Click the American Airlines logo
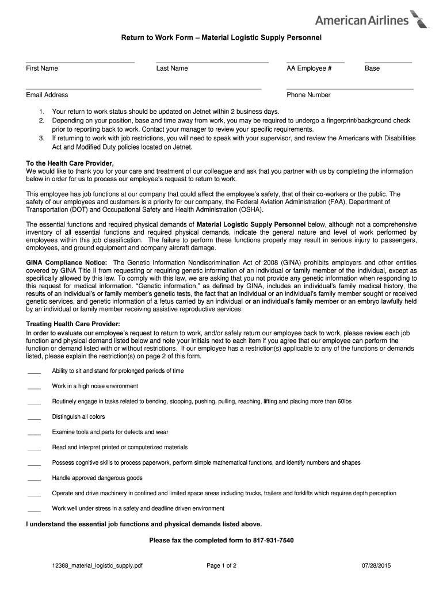(x=372, y=20)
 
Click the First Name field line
(x=80, y=62)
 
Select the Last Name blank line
(x=212, y=62)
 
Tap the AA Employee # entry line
(x=315, y=62)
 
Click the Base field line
(x=388, y=62)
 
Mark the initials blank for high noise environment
(x=35, y=388)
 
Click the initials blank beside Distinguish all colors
(x=35, y=419)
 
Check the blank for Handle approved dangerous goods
(x=35, y=480)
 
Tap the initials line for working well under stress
(x=35, y=511)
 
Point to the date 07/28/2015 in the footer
(x=376, y=566)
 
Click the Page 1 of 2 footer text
(x=221, y=566)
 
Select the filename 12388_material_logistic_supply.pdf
(x=97, y=566)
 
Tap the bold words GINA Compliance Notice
(x=62, y=262)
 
